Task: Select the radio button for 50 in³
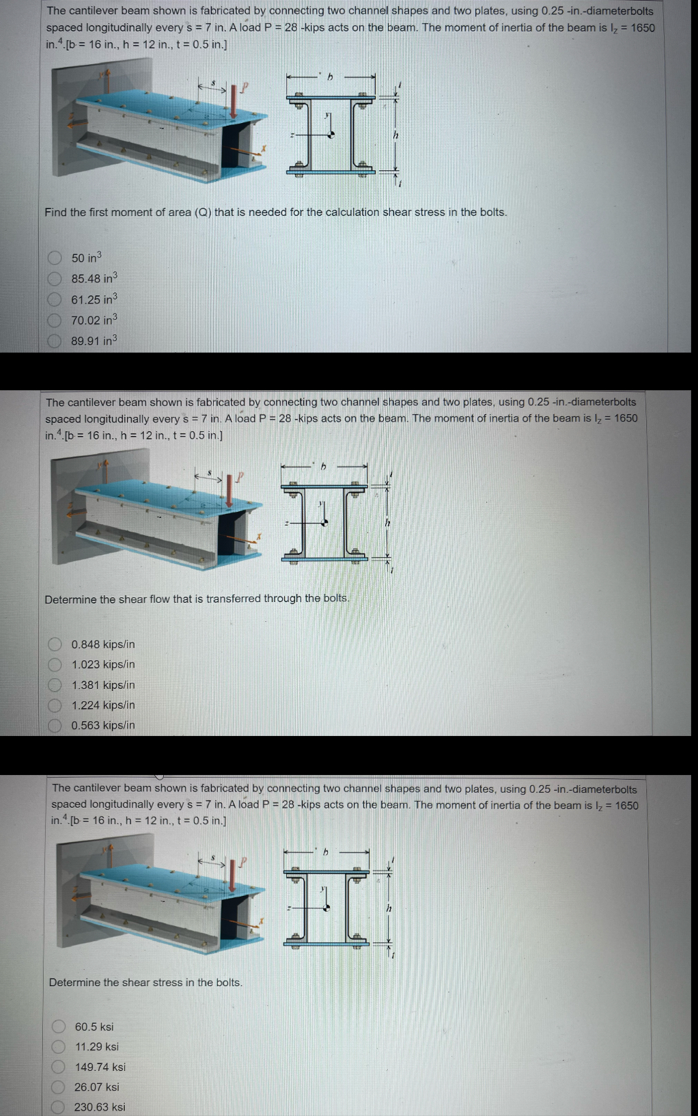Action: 55,258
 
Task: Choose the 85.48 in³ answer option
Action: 55,279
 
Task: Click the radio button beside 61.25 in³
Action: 55,299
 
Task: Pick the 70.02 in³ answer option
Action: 55,320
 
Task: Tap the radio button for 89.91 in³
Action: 55,341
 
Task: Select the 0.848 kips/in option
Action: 55,644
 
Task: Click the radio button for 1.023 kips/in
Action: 55,664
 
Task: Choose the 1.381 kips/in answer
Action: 55,685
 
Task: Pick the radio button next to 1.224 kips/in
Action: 55,705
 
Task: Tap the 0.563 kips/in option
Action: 55,725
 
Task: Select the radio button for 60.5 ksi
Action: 59,1026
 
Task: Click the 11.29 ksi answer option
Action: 59,1046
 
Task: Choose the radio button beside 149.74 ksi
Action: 59,1067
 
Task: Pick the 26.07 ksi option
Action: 59,1087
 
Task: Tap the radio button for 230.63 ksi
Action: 59,1106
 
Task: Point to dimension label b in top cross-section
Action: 329,77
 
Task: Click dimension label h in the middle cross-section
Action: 387,522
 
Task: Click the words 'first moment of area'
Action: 140,212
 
